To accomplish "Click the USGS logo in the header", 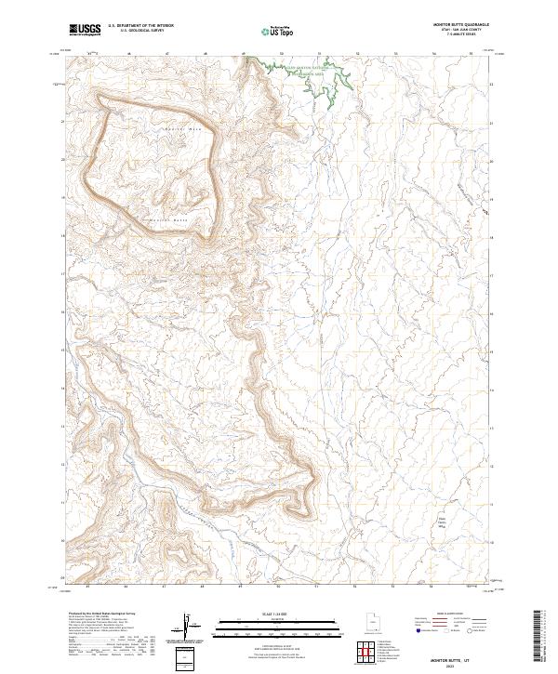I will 84,31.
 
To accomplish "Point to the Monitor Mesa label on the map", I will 181,127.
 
